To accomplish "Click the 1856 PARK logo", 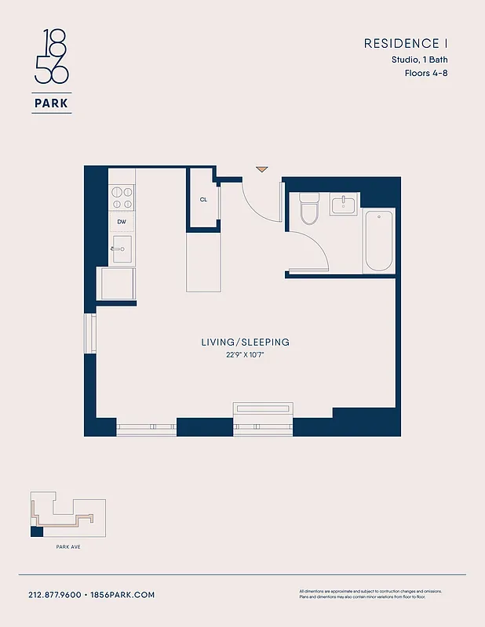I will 51,71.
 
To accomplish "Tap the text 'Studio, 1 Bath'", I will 419,60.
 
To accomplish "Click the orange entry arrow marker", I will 261,169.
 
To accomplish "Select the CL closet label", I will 203,199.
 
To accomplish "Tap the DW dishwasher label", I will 122,222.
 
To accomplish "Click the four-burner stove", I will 122,196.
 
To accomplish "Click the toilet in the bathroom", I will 309,209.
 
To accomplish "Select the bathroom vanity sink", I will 344,205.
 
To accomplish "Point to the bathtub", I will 378,241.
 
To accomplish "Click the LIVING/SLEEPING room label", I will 245,342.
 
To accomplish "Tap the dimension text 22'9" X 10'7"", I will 245,354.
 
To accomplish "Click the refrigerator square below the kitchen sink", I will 115,283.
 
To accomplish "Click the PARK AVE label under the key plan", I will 67,546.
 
